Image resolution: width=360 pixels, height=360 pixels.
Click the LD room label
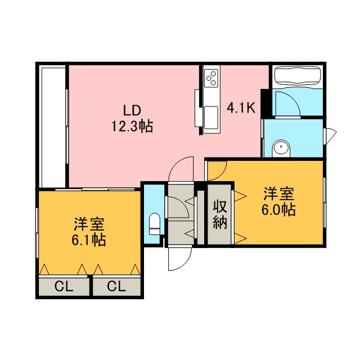point(132,110)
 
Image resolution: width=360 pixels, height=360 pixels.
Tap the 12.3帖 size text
point(132,127)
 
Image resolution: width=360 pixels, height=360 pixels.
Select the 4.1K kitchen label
point(241,107)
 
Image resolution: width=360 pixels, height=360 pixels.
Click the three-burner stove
point(211,78)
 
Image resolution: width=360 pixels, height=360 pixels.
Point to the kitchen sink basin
point(211,117)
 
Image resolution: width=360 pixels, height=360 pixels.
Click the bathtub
point(298,76)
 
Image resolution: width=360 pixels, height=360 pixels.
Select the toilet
point(154,224)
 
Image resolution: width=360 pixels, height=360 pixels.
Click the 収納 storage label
point(220,214)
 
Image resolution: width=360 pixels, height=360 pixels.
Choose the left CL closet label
point(64,286)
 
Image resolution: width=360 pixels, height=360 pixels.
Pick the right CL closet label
point(116,286)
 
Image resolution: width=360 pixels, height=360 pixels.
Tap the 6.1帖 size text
point(89,240)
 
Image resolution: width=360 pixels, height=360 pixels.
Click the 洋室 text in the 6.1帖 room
point(89,224)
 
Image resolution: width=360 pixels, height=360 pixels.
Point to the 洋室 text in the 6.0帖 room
point(279,194)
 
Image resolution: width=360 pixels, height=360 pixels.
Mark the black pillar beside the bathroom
point(265,103)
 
